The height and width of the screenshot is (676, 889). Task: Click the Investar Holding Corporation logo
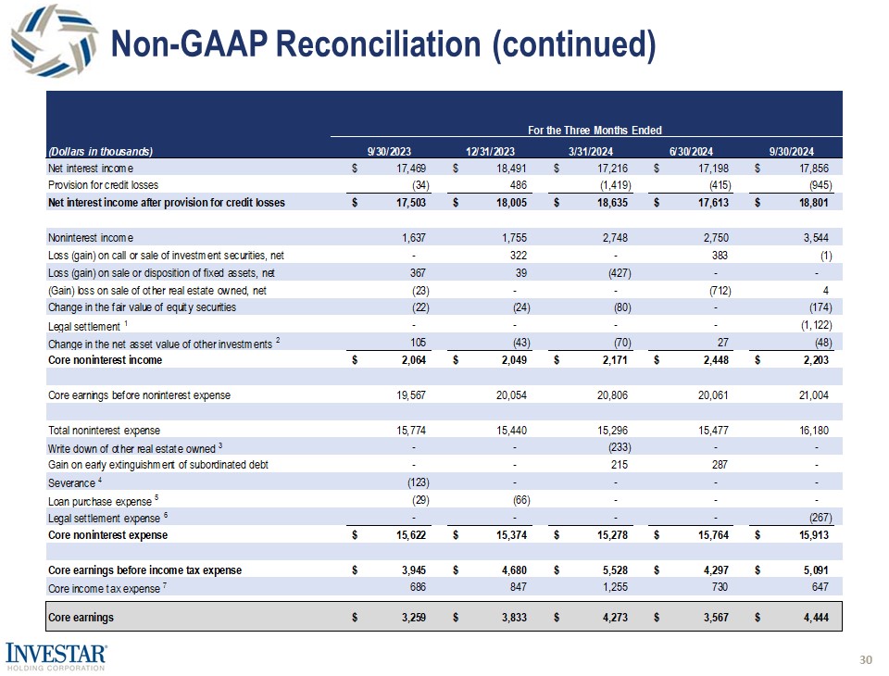click(56, 654)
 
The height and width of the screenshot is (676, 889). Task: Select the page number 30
click(867, 659)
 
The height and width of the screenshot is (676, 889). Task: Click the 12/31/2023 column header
click(491, 150)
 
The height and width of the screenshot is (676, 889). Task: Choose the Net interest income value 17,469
click(410, 168)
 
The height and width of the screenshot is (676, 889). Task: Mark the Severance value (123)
click(413, 482)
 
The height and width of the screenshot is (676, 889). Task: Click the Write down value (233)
click(616, 447)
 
